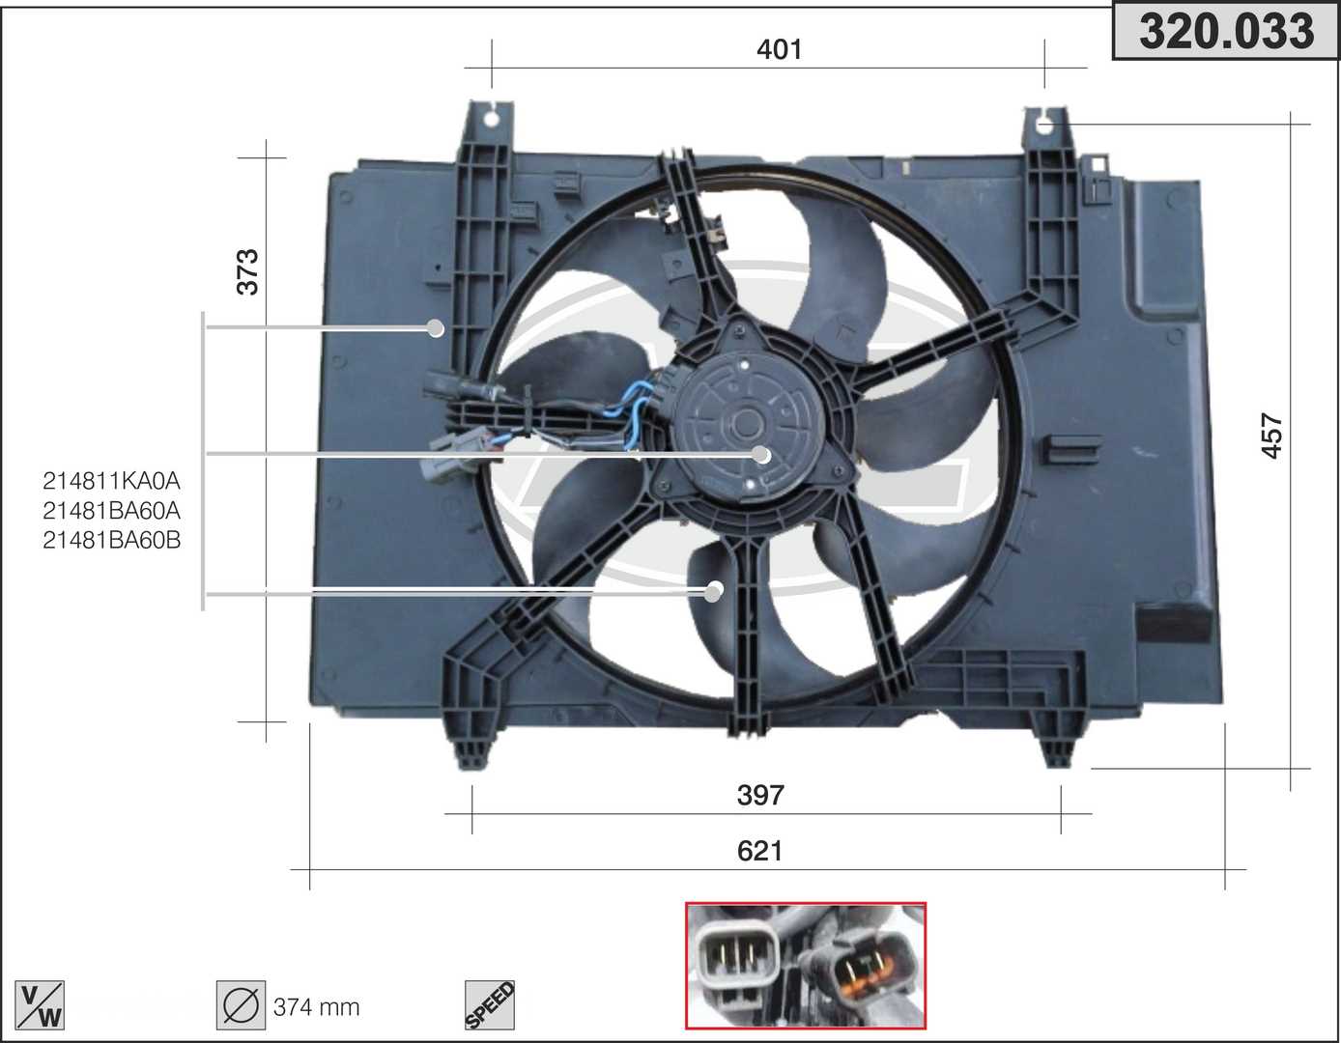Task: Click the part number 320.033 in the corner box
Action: coord(1226,32)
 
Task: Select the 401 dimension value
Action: coord(780,49)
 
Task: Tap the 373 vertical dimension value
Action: coord(248,272)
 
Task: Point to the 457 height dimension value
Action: coord(1271,436)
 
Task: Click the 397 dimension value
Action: coord(760,795)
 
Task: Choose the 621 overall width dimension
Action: coord(759,851)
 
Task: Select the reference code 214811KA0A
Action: coord(111,481)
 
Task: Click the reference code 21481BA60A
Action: coord(111,511)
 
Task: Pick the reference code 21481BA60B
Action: coord(111,540)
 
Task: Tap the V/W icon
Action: coord(40,1005)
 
